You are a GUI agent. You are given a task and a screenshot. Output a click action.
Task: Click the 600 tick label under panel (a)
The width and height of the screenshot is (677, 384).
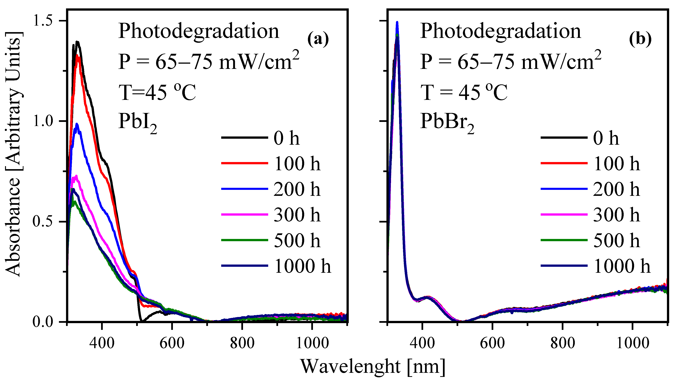(x=172, y=343)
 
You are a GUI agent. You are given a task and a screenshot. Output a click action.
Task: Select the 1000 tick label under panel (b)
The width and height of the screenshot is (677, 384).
(x=633, y=343)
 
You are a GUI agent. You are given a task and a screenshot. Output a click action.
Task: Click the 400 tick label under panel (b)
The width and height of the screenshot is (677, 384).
(x=422, y=343)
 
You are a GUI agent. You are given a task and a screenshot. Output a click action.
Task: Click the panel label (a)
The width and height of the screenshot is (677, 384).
(x=318, y=39)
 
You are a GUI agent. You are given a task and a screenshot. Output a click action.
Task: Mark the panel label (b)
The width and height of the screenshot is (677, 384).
(x=640, y=39)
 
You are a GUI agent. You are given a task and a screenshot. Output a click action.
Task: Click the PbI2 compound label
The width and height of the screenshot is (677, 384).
(x=137, y=123)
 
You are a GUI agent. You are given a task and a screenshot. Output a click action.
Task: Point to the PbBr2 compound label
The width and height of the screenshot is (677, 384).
(x=447, y=123)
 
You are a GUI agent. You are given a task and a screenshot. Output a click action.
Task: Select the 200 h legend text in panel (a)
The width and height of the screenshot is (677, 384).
(x=297, y=189)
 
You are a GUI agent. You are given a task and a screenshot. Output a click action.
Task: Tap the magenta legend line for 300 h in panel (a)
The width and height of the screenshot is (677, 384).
(x=245, y=215)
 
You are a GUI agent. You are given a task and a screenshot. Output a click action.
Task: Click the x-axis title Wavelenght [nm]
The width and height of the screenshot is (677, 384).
(x=373, y=367)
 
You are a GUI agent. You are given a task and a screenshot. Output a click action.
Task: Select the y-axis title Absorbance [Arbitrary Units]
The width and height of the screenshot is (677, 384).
(x=13, y=154)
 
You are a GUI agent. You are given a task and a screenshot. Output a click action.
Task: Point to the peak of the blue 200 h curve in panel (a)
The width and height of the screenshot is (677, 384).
(x=77, y=124)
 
